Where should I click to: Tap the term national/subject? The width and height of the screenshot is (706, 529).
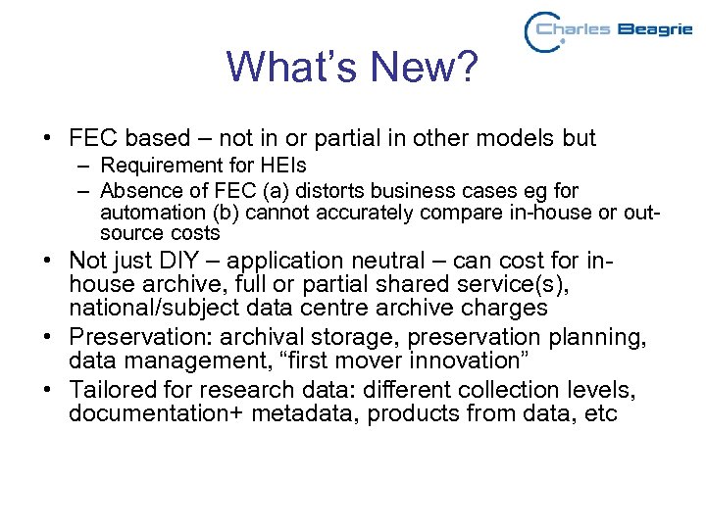point(158,308)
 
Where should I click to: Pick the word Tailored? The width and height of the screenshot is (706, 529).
point(111,391)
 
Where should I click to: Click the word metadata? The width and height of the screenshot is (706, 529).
point(304,414)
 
